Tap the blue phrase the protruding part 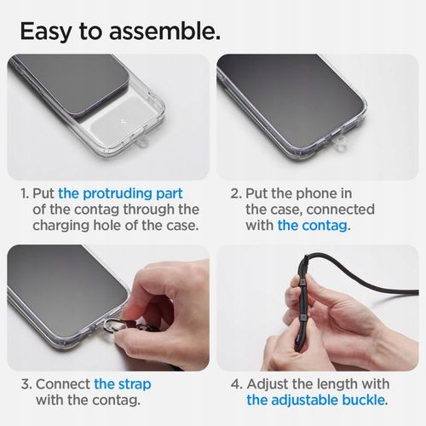[x=120, y=193]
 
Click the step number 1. [x=25, y=193]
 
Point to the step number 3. [x=25, y=384]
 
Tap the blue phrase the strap [x=119, y=384]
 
